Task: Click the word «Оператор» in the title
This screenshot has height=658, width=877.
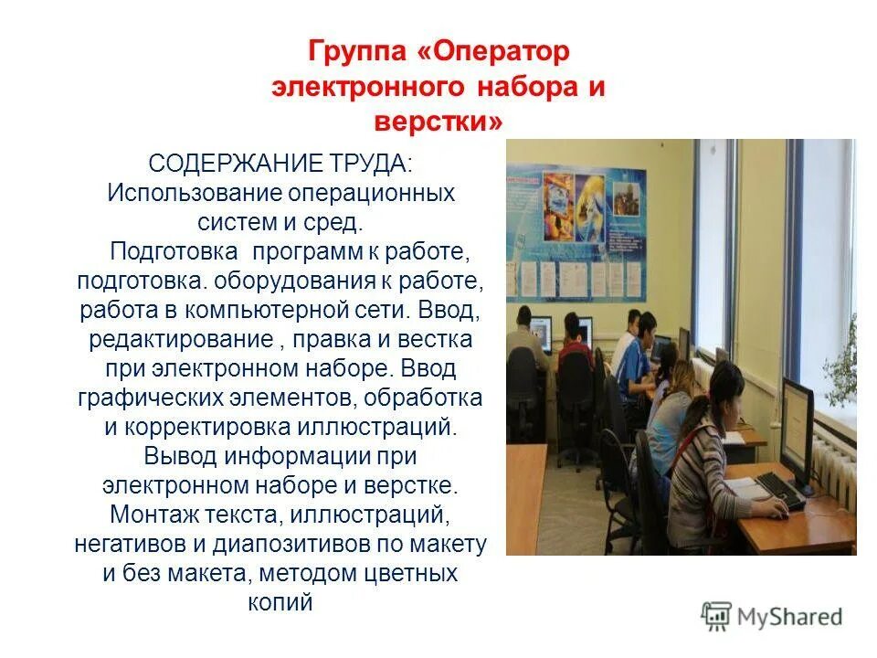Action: coord(502,50)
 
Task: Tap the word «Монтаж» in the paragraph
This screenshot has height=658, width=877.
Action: coord(147,515)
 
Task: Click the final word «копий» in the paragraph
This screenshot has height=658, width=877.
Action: coord(280,603)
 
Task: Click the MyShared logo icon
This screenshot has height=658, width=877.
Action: coord(717,616)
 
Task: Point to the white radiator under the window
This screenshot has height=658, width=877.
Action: coord(836,475)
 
